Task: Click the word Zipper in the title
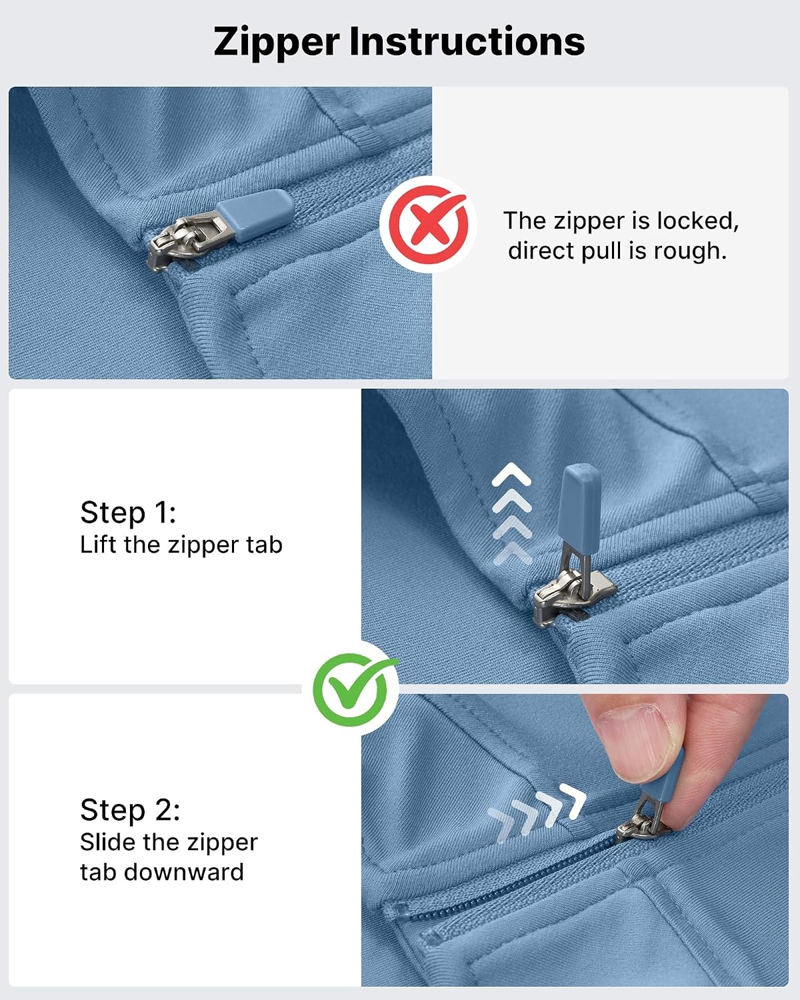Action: [277, 43]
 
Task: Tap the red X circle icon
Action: [428, 225]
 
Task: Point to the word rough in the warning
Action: [690, 251]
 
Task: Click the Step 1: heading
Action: [128, 513]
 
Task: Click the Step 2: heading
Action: [130, 810]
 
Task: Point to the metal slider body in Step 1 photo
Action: [573, 593]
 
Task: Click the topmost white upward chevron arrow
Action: [511, 474]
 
